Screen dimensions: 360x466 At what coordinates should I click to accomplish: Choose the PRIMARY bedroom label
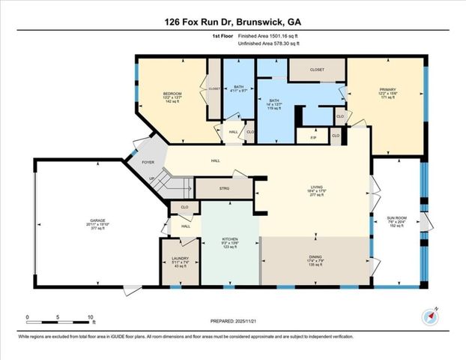386,89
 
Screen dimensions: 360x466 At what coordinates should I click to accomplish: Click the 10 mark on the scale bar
91,318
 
